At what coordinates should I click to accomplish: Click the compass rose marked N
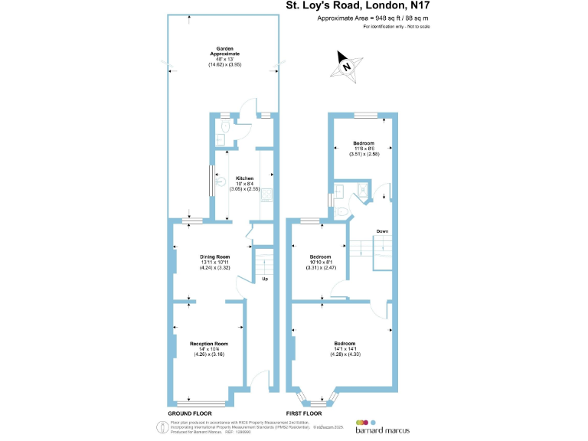[x=347, y=66]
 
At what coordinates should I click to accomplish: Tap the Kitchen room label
[x=244, y=178]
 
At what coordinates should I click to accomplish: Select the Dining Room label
[x=215, y=256]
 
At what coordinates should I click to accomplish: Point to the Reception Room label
[x=209, y=344]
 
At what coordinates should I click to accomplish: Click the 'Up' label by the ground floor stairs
[x=265, y=279]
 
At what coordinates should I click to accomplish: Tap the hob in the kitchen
[x=267, y=195]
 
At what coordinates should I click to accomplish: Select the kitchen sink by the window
[x=220, y=182]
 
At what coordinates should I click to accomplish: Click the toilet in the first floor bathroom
[x=343, y=210]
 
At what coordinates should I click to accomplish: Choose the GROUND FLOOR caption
[x=191, y=413]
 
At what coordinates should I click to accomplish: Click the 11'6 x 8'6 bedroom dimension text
[x=364, y=149]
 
